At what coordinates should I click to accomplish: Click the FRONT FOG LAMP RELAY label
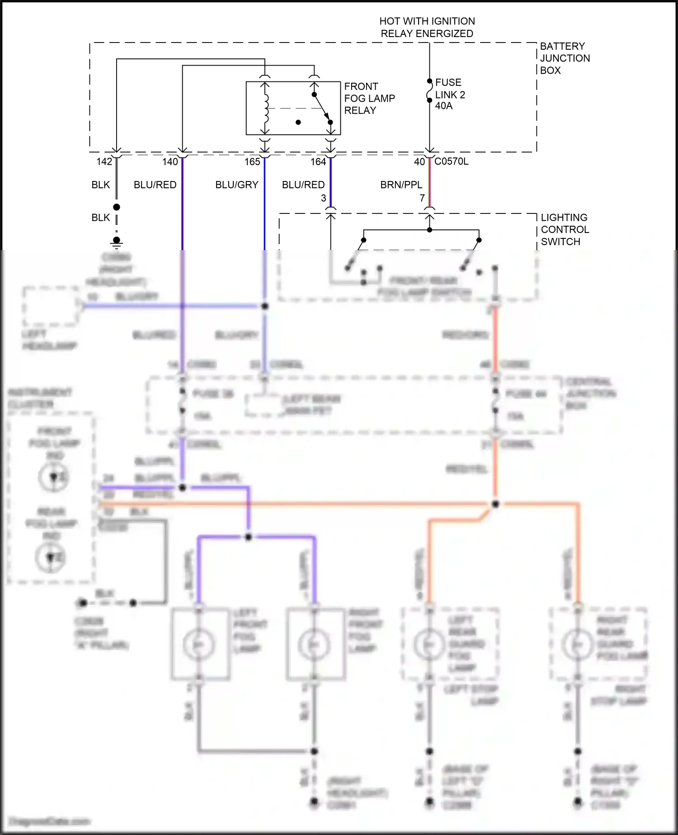click(x=369, y=98)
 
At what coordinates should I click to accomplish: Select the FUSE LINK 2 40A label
click(x=450, y=94)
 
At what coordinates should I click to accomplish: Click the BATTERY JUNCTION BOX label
click(x=565, y=58)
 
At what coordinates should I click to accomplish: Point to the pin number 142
click(x=104, y=162)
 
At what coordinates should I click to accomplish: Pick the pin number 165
click(x=252, y=162)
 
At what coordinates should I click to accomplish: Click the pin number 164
click(x=318, y=162)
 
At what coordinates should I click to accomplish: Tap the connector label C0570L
click(x=451, y=161)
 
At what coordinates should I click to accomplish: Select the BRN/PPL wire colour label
click(x=401, y=185)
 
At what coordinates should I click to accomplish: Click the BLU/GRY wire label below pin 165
click(x=236, y=185)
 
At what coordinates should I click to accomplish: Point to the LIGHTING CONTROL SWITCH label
click(x=565, y=229)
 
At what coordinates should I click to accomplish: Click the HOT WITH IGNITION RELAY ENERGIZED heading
click(x=427, y=27)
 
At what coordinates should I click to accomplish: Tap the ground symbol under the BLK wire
click(x=117, y=242)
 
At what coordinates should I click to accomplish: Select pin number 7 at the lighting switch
click(x=422, y=198)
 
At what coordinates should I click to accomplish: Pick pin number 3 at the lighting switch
click(x=324, y=198)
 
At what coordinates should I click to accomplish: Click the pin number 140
click(x=170, y=162)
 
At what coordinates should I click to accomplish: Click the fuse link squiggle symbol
click(x=429, y=91)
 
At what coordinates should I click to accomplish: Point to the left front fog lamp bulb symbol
click(x=199, y=644)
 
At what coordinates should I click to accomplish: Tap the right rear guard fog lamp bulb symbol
click(x=577, y=644)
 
